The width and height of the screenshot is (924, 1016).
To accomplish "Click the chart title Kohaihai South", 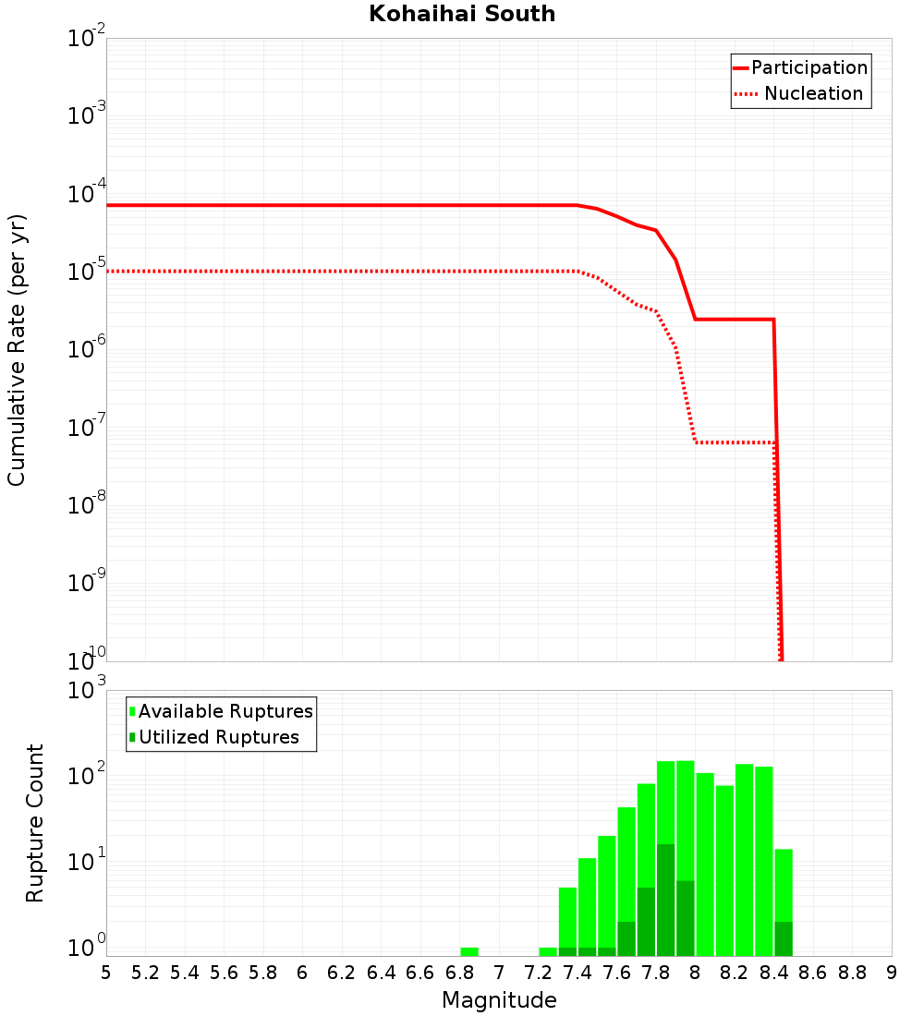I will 462,14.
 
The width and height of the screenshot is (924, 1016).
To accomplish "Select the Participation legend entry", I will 808,67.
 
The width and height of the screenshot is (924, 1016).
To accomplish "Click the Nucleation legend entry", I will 813,93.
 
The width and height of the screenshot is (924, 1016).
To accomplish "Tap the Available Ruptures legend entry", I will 225,711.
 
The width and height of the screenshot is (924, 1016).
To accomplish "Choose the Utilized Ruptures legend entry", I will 218,737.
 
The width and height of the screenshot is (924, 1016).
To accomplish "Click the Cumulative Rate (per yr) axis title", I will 17,350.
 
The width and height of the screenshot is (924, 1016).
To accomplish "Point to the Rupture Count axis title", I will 35,823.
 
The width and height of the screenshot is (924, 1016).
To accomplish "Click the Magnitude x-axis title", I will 499,1000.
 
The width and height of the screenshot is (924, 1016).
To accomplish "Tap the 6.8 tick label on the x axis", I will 459,973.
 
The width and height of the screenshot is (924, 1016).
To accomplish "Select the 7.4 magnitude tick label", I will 577,973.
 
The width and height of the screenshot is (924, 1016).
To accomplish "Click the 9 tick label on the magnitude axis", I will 892,973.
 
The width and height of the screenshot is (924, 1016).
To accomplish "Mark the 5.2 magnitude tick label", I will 145,973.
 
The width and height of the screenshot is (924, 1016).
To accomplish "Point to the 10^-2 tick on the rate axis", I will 87,39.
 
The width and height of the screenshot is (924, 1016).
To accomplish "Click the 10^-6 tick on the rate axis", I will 87,350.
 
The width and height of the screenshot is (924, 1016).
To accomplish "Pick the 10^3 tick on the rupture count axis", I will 89,691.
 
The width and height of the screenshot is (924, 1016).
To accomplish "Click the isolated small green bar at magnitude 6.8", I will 469,951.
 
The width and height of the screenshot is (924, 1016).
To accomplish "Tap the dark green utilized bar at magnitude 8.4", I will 784,938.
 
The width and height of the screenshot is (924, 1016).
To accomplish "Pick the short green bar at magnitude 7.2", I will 548,951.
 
